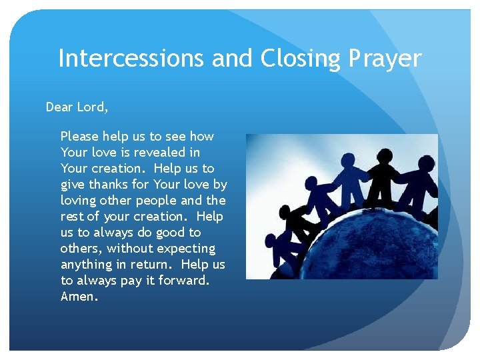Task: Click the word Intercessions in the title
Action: (131, 59)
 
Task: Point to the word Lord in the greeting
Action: (93, 107)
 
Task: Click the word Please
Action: (79, 137)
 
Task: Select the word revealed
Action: (170, 153)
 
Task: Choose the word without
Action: (130, 249)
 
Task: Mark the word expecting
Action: (186, 249)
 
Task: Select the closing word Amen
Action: (79, 297)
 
